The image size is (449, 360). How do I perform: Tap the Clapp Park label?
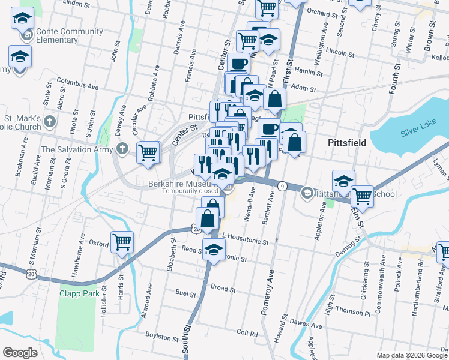[x=78, y=293]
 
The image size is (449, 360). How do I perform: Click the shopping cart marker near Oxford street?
[x=122, y=242]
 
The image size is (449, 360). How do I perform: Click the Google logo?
[x=20, y=352]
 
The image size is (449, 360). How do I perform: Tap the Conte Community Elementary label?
[x=56, y=35]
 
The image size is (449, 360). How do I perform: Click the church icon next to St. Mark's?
[x=50, y=122]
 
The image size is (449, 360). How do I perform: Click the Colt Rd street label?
[x=247, y=332]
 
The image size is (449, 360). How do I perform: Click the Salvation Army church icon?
[x=122, y=149]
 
